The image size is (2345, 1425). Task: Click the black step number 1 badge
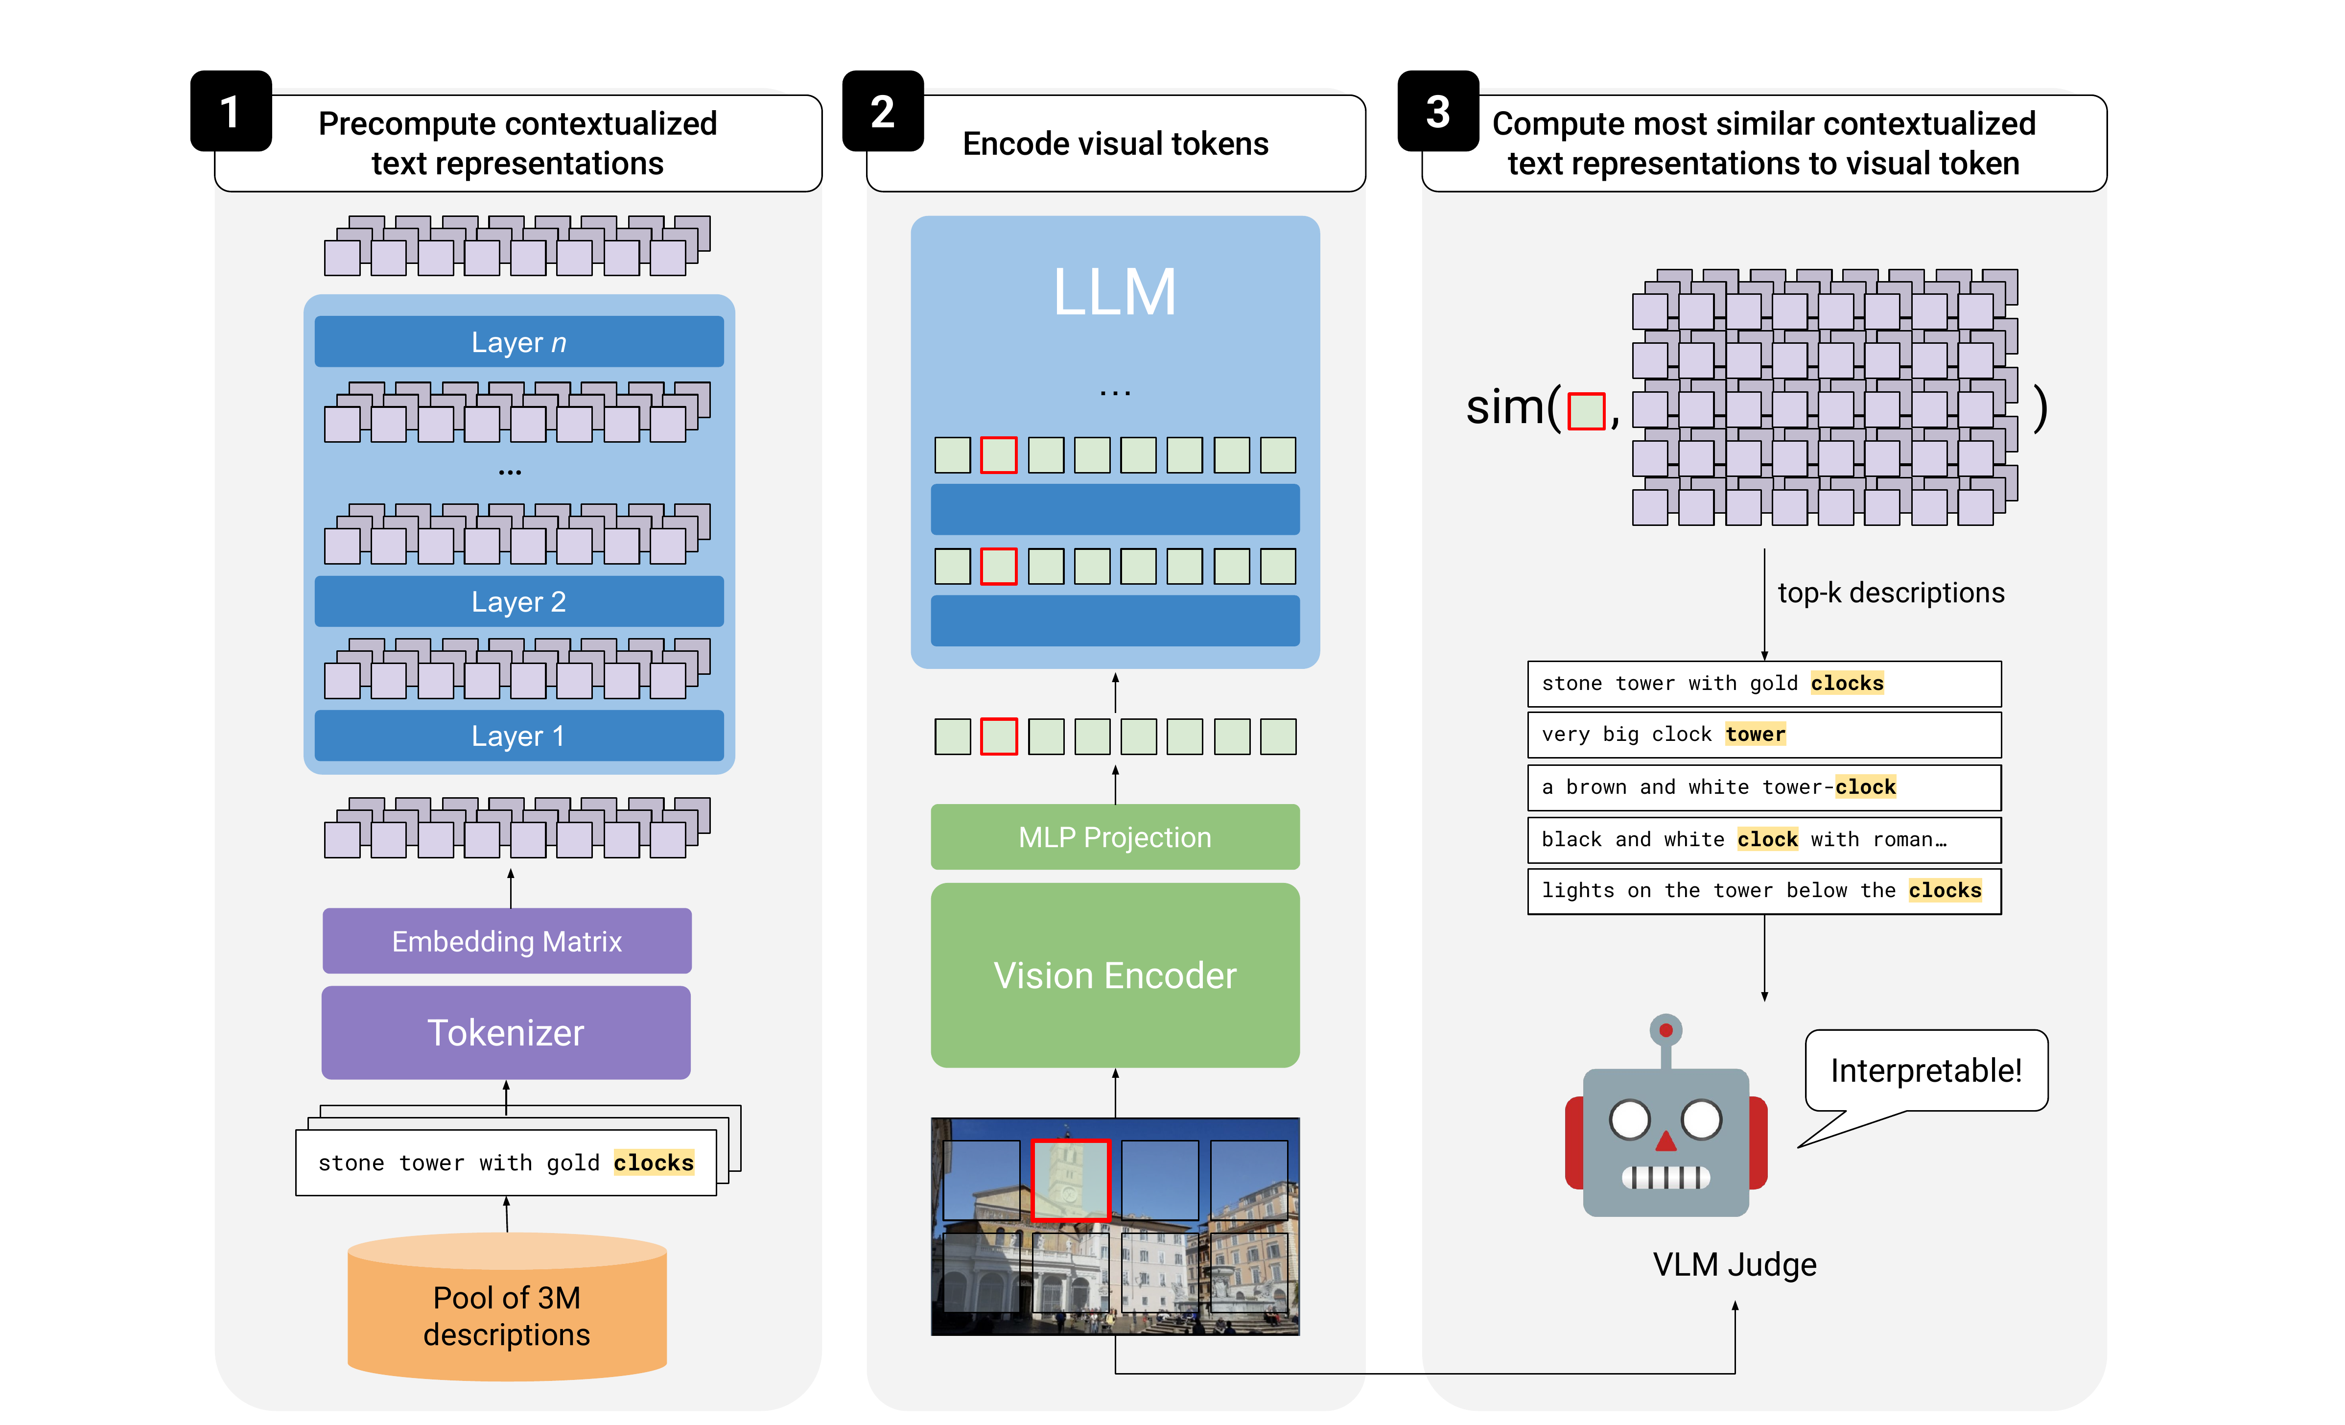click(230, 111)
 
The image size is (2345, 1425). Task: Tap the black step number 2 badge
click(882, 111)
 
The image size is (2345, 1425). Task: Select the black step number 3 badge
click(1437, 111)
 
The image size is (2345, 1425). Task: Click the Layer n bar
click(518, 342)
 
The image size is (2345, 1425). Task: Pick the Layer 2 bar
click(518, 602)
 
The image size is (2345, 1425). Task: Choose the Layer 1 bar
click(518, 736)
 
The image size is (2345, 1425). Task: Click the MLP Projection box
click(1114, 837)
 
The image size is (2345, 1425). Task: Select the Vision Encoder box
click(1114, 975)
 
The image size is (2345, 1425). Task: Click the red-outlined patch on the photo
click(1071, 1179)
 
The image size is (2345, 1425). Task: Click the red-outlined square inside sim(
click(1586, 411)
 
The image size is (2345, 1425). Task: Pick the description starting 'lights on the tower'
click(1763, 891)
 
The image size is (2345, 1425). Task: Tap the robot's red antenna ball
click(1665, 1030)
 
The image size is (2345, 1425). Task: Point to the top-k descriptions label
click(1890, 593)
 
